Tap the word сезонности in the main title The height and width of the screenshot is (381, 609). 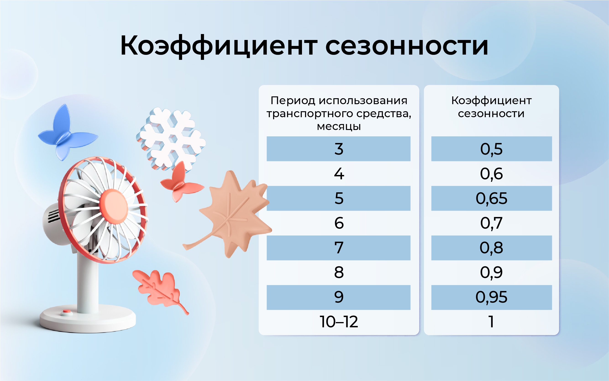click(x=407, y=46)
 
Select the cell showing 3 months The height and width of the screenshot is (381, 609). click(x=339, y=149)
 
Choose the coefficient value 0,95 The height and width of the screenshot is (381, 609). click(x=491, y=297)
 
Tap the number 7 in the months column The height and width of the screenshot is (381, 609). click(x=339, y=248)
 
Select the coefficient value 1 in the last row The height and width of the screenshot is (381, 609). click(x=491, y=322)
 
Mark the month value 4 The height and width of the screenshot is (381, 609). click(x=339, y=174)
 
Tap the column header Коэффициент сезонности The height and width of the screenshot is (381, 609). click(x=491, y=107)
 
